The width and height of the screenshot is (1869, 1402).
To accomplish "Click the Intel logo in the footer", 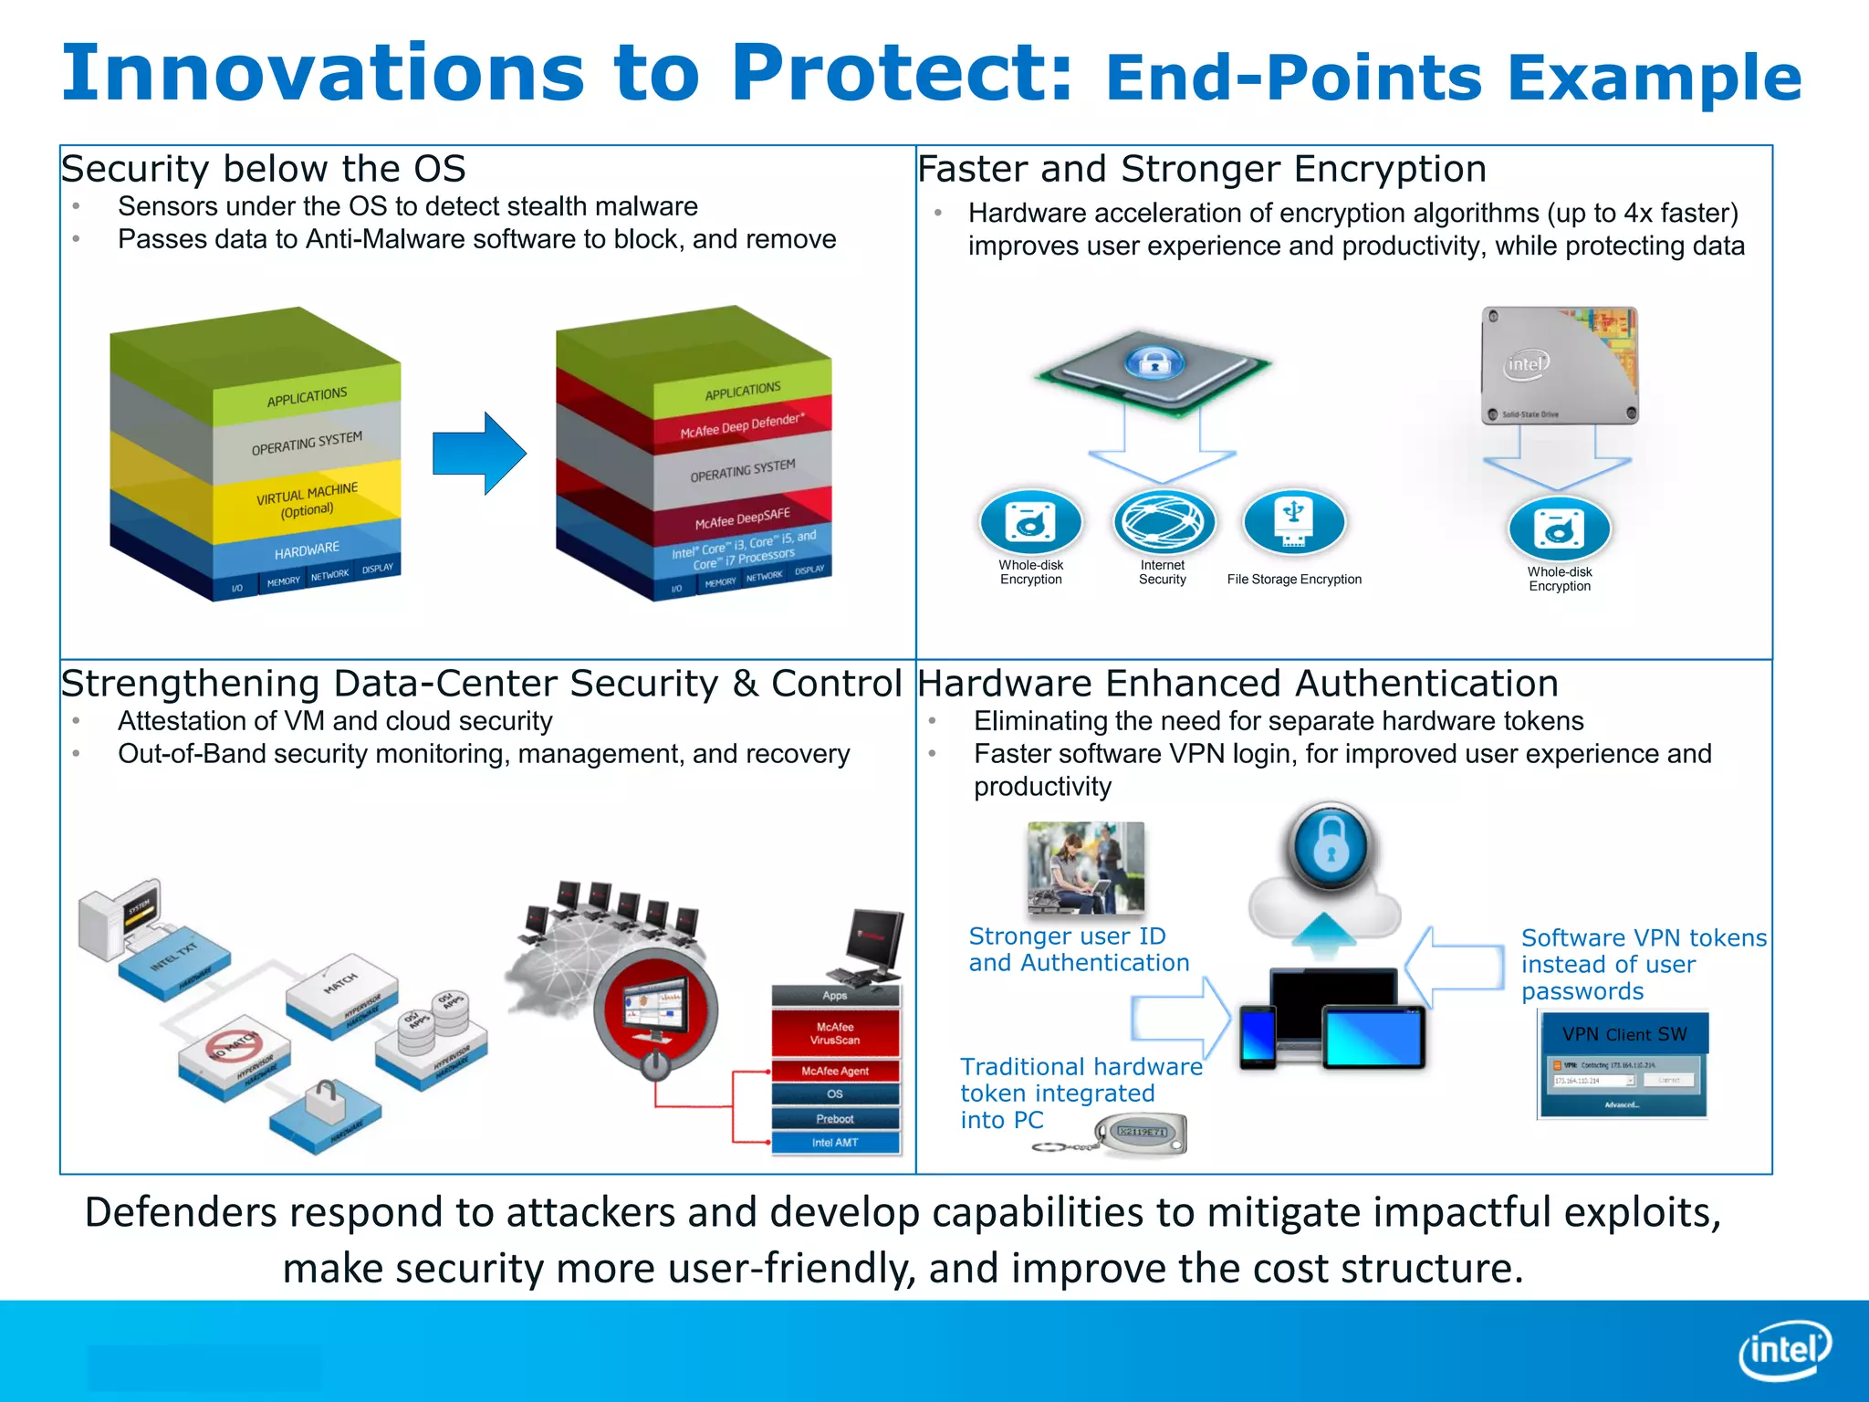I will pos(1784,1350).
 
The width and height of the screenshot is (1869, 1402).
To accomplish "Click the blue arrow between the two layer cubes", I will pos(479,454).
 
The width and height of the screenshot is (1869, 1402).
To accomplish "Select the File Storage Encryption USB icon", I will pos(1293,521).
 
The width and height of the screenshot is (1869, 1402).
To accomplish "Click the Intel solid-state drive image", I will pos(1560,366).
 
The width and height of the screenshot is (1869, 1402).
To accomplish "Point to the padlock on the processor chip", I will pos(1154,363).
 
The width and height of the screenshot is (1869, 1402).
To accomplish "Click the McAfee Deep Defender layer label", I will pos(741,425).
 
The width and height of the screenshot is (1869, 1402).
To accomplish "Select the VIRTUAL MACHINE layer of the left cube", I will pos(307,500).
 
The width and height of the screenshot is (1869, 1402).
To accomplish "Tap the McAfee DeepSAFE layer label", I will pos(742,518).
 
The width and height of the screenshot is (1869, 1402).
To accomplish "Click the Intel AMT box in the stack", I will pos(835,1143).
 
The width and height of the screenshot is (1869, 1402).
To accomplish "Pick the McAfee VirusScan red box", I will pos(835,1033).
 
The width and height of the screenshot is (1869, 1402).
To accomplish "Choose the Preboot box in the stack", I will pos(835,1119).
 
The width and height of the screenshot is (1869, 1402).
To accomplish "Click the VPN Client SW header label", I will pos(1624,1034).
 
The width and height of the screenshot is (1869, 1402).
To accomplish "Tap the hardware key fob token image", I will pos(1141,1135).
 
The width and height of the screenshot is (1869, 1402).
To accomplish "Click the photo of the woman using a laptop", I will pos(1085,867).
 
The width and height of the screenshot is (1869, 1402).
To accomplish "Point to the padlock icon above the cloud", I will pos(1331,846).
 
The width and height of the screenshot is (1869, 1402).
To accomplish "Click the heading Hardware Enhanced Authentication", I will pos(1237,684).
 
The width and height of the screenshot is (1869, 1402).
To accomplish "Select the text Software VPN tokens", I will pos(1643,937).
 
